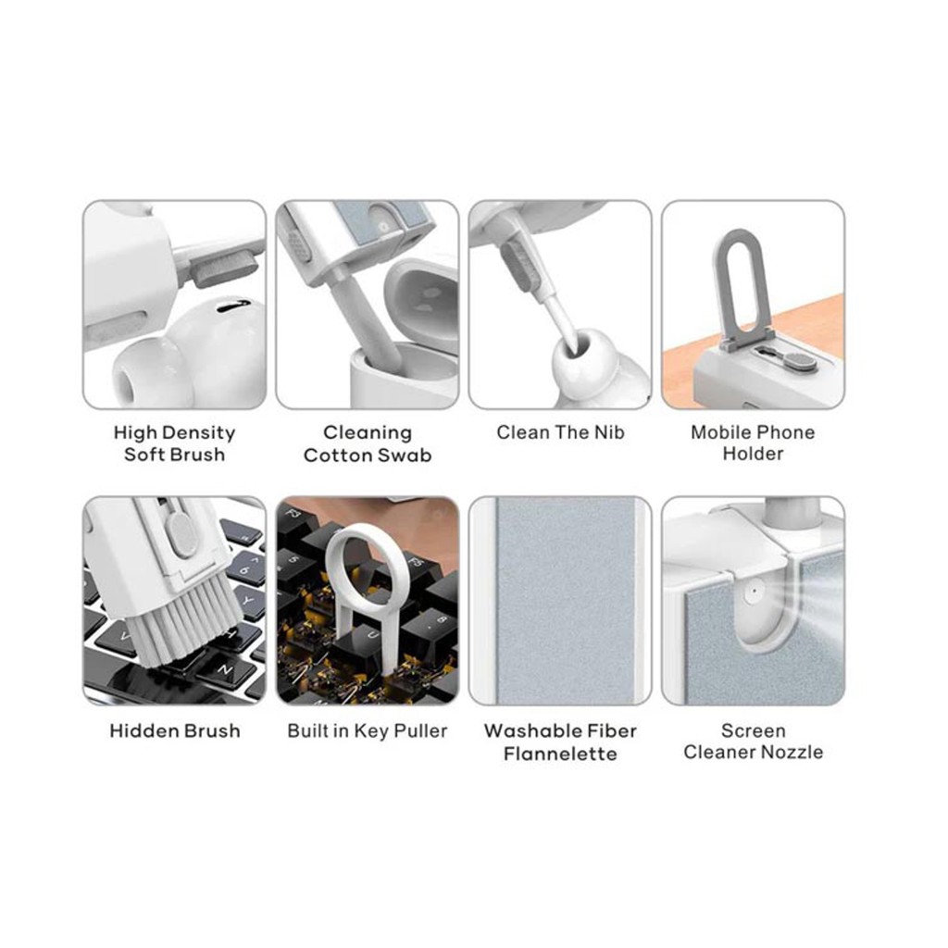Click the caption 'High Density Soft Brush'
[x=174, y=443]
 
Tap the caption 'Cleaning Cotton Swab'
[x=368, y=443]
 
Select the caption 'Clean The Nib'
[x=560, y=432]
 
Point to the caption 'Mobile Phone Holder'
[x=753, y=443]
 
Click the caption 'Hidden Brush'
[x=175, y=731]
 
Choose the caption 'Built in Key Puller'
[x=368, y=731]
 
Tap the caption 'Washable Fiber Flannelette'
[x=560, y=742]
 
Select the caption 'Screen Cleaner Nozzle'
[x=754, y=742]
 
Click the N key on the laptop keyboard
[x=227, y=670]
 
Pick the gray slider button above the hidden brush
[x=181, y=534]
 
